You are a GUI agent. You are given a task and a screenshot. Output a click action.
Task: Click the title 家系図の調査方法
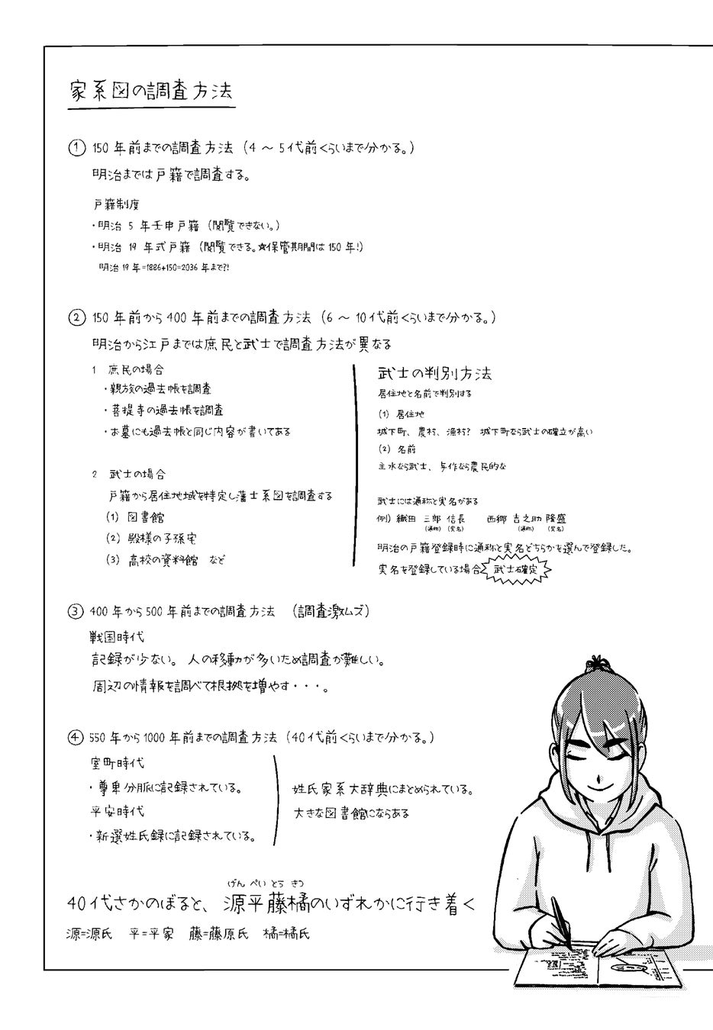pyautogui.click(x=150, y=91)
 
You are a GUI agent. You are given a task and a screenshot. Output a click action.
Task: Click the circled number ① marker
pyautogui.click(x=76, y=148)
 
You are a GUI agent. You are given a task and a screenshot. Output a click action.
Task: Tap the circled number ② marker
pyautogui.click(x=76, y=317)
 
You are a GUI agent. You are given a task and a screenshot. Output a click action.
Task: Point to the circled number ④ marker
pyautogui.click(x=76, y=738)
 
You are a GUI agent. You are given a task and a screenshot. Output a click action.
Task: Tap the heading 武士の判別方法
pyautogui.click(x=434, y=373)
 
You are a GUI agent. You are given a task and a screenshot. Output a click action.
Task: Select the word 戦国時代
pyautogui.click(x=117, y=636)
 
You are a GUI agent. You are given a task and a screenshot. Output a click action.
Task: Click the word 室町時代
pyautogui.click(x=117, y=763)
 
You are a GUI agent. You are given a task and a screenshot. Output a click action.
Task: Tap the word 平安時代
pyautogui.click(x=117, y=811)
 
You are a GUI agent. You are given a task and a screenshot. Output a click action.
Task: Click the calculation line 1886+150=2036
pyautogui.click(x=164, y=268)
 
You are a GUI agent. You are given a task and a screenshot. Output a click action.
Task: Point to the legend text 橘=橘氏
pyautogui.click(x=286, y=933)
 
